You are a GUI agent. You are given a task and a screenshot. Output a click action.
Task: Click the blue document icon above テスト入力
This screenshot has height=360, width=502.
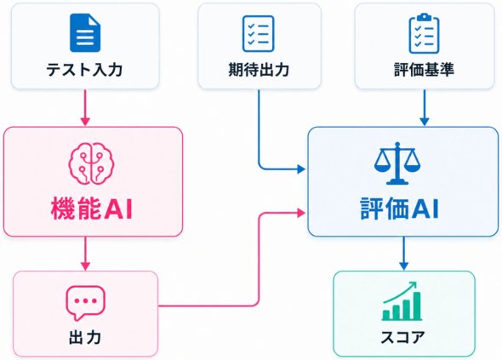[85, 32]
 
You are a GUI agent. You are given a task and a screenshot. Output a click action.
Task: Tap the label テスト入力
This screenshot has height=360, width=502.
[84, 70]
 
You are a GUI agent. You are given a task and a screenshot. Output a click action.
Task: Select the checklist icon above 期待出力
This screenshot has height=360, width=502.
[259, 34]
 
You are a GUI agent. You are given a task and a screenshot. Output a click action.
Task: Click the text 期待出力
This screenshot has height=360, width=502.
[259, 70]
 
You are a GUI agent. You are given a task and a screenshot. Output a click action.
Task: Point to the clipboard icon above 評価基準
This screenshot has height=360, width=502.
[425, 33]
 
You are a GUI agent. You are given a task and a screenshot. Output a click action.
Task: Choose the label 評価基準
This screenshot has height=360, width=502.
[425, 70]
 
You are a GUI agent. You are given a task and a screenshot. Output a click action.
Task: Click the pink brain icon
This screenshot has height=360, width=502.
[91, 163]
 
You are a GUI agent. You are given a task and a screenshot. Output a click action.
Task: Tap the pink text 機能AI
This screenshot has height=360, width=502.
[92, 209]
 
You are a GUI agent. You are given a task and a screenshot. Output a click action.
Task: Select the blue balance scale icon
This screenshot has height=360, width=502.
[397, 163]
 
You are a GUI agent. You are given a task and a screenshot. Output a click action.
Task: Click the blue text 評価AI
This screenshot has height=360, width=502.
[399, 209]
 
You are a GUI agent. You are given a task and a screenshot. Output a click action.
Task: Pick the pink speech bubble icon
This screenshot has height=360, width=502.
[85, 303]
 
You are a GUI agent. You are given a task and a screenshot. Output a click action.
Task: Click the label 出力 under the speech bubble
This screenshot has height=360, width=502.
[85, 338]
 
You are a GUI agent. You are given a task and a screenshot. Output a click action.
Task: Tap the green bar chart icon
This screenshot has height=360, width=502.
[402, 301]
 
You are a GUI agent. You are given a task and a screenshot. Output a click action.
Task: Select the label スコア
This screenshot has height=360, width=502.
[402, 338]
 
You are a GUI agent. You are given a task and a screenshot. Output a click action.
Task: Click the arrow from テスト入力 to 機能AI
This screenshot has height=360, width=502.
[85, 108]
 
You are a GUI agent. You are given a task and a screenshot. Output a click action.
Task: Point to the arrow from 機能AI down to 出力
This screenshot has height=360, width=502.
[85, 254]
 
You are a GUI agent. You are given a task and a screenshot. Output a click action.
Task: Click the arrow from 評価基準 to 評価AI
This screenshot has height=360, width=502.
[425, 108]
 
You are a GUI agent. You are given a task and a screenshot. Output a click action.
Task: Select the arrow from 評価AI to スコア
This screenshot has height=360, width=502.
[403, 254]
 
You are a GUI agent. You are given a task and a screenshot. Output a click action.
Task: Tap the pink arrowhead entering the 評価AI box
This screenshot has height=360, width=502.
[301, 213]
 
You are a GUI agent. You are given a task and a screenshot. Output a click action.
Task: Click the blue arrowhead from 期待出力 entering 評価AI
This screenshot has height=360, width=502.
[301, 169]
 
